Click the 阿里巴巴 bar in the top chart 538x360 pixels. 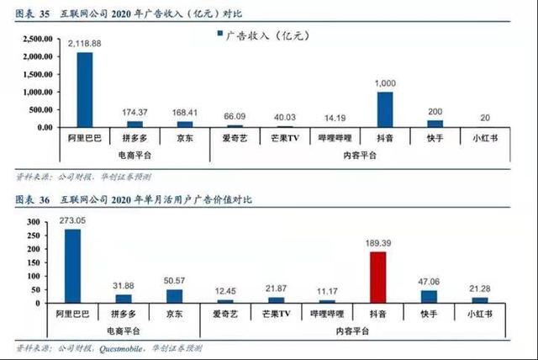(85, 90)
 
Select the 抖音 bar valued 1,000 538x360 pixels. (384, 109)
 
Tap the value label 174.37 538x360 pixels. (134, 113)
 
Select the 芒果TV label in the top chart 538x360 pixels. (286, 138)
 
